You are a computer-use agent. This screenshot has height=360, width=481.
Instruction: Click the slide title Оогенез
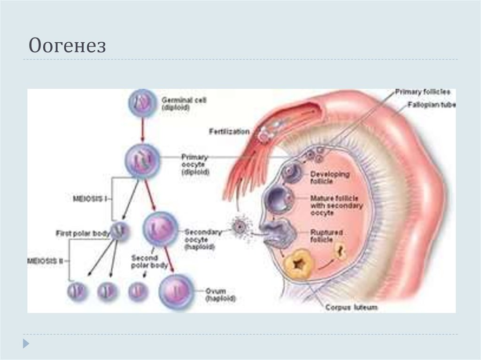[67, 46]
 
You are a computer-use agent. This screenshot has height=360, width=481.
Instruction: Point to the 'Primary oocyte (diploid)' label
[194, 164]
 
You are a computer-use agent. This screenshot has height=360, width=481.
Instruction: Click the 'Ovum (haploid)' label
[220, 294]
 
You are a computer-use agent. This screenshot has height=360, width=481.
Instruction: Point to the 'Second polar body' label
[149, 261]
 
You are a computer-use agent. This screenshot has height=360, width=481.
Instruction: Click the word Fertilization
[229, 132]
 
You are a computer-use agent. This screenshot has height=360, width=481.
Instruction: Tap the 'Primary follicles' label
[422, 92]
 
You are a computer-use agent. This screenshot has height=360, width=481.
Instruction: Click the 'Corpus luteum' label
[351, 308]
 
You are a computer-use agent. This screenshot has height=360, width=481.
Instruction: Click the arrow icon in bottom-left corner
[26, 343]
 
